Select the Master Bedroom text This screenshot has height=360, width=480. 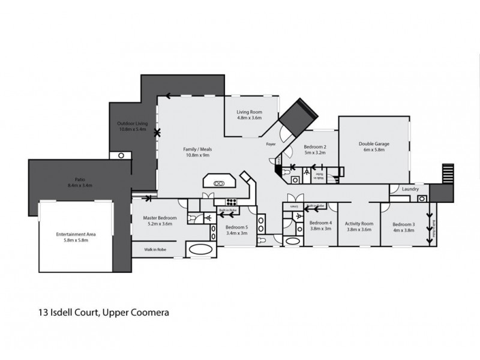[x=159, y=218]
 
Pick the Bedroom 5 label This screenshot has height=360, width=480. [x=236, y=227]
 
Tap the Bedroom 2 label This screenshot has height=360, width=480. [x=314, y=147]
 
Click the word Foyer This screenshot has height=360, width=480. [x=271, y=145]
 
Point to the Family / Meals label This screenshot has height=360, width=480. [x=197, y=149]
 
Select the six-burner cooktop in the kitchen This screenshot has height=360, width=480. [x=232, y=202]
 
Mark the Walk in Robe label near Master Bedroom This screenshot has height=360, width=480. [x=155, y=248]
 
